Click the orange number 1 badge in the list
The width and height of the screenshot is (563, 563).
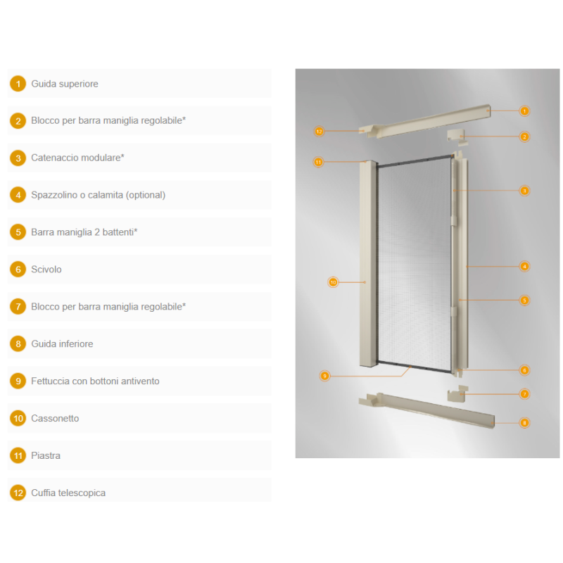click(18, 84)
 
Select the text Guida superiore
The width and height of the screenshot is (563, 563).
click(65, 84)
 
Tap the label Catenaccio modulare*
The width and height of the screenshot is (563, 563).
click(77, 158)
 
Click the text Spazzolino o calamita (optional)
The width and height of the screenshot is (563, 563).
click(98, 195)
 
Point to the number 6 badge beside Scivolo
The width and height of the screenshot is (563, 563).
click(18, 270)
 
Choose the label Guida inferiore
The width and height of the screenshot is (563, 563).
click(62, 343)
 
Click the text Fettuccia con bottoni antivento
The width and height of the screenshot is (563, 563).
click(95, 381)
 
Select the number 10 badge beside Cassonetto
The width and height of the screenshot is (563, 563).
click(18, 418)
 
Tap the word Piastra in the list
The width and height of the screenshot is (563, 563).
click(46, 455)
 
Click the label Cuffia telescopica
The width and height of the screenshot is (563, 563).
click(68, 493)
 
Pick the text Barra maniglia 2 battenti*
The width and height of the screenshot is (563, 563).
click(84, 232)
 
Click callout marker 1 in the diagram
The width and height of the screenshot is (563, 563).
click(524, 111)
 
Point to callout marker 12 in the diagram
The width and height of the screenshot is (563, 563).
click(319, 132)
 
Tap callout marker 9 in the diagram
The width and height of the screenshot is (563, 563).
click(324, 376)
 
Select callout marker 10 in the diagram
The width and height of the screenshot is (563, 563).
click(333, 282)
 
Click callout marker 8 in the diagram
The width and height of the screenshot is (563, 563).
click(524, 423)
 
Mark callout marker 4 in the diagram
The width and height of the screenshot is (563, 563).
click(524, 267)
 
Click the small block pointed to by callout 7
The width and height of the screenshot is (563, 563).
click(457, 394)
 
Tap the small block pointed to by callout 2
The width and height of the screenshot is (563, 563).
click(457, 137)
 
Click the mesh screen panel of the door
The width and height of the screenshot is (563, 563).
click(415, 264)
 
